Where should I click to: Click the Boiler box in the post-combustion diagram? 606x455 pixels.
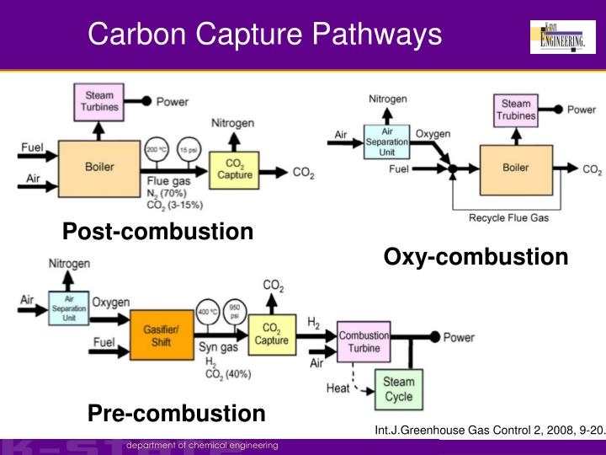pyautogui.click(x=98, y=167)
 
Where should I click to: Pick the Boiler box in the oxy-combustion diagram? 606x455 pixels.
pyautogui.click(x=515, y=169)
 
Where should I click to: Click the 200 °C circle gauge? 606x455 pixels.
pyautogui.click(x=155, y=150)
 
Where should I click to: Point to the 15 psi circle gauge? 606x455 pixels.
pyautogui.click(x=188, y=150)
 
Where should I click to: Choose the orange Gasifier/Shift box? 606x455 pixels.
pyautogui.click(x=157, y=333)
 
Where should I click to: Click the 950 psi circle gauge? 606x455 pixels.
pyautogui.click(x=235, y=312)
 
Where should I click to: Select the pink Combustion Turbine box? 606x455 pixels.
pyautogui.click(x=363, y=341)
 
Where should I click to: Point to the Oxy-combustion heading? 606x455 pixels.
pyautogui.click(x=476, y=256)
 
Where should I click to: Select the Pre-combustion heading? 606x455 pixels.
pyautogui.click(x=176, y=413)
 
